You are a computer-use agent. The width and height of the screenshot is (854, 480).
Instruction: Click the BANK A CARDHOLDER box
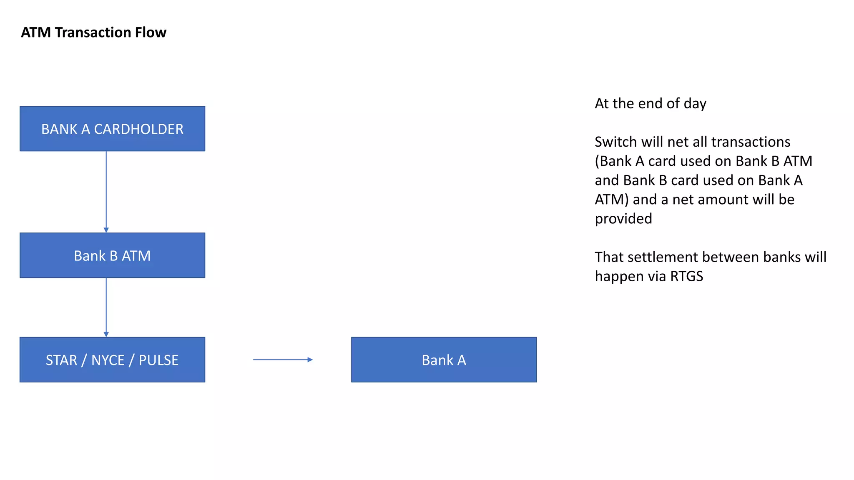tap(112, 129)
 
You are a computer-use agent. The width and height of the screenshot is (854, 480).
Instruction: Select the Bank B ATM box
tap(112, 255)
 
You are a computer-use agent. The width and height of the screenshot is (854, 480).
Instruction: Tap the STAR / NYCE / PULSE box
tap(112, 360)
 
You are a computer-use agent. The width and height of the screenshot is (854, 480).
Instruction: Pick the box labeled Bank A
tap(444, 360)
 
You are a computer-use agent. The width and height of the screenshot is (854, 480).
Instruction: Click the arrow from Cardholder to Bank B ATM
tap(106, 192)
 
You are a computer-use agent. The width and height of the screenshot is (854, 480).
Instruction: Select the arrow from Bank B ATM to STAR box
tap(106, 307)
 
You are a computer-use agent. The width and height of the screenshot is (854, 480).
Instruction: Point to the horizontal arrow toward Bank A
tap(283, 360)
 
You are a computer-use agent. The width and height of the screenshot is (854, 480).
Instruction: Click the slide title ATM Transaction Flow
tap(93, 32)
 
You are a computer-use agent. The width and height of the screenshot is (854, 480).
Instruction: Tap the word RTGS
tap(686, 276)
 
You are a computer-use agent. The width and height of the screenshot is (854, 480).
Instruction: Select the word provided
tap(623, 219)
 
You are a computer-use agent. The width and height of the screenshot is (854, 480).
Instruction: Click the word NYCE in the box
tap(108, 360)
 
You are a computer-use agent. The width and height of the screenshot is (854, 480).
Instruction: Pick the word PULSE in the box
tap(158, 360)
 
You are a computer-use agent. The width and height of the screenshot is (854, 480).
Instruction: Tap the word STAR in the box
tap(61, 360)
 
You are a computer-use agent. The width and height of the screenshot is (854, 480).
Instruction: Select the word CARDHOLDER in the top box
tap(138, 129)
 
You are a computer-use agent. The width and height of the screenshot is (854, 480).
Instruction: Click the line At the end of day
tap(651, 103)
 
